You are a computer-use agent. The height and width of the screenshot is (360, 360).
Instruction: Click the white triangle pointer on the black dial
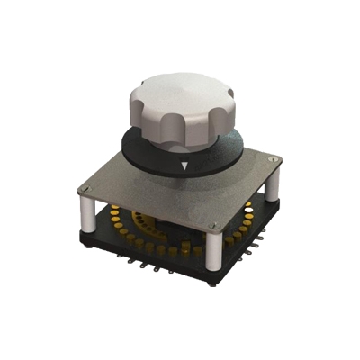click(184, 166)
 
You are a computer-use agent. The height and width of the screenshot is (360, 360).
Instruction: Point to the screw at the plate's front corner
click(211, 225)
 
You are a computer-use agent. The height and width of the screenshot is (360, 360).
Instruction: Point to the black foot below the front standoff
click(212, 275)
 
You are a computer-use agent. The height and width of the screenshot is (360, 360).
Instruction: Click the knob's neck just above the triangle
click(184, 148)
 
